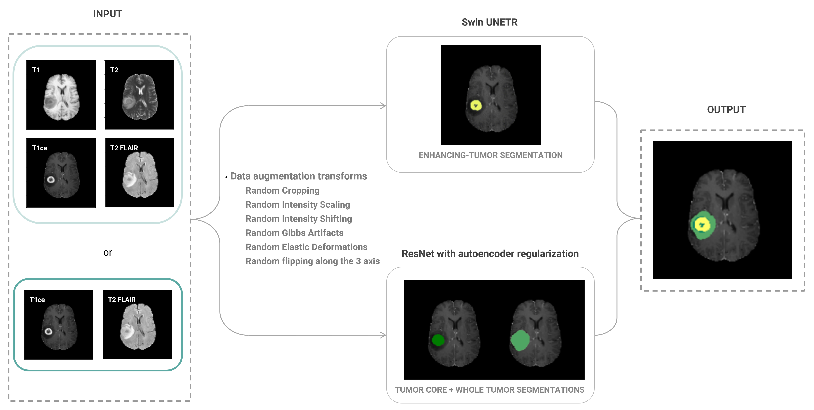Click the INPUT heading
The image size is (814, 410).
coord(107,14)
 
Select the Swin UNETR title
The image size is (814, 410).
coord(490,22)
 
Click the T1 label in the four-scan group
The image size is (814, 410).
coord(36,70)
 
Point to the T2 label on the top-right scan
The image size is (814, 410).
coord(114,70)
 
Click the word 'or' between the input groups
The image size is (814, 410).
coord(107,252)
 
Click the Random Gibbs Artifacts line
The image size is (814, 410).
coord(294,233)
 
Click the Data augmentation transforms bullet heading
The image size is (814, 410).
coord(298,176)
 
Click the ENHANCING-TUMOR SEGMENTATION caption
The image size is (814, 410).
coord(490,155)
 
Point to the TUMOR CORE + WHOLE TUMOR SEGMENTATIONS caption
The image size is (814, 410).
coord(490,390)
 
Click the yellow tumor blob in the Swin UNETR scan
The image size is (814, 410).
coord(476,105)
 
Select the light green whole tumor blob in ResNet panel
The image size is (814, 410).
coord(520,340)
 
